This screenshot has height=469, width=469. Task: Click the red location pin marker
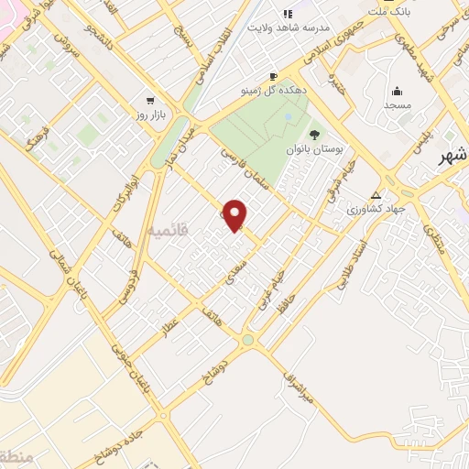tap(235, 214)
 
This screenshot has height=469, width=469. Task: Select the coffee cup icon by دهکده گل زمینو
tap(272, 76)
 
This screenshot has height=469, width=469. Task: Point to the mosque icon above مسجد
tap(397, 91)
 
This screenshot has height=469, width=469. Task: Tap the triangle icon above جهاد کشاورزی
tap(375, 195)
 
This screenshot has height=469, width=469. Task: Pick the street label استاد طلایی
tap(352, 265)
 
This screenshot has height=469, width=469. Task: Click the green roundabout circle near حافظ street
tap(247, 341)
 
